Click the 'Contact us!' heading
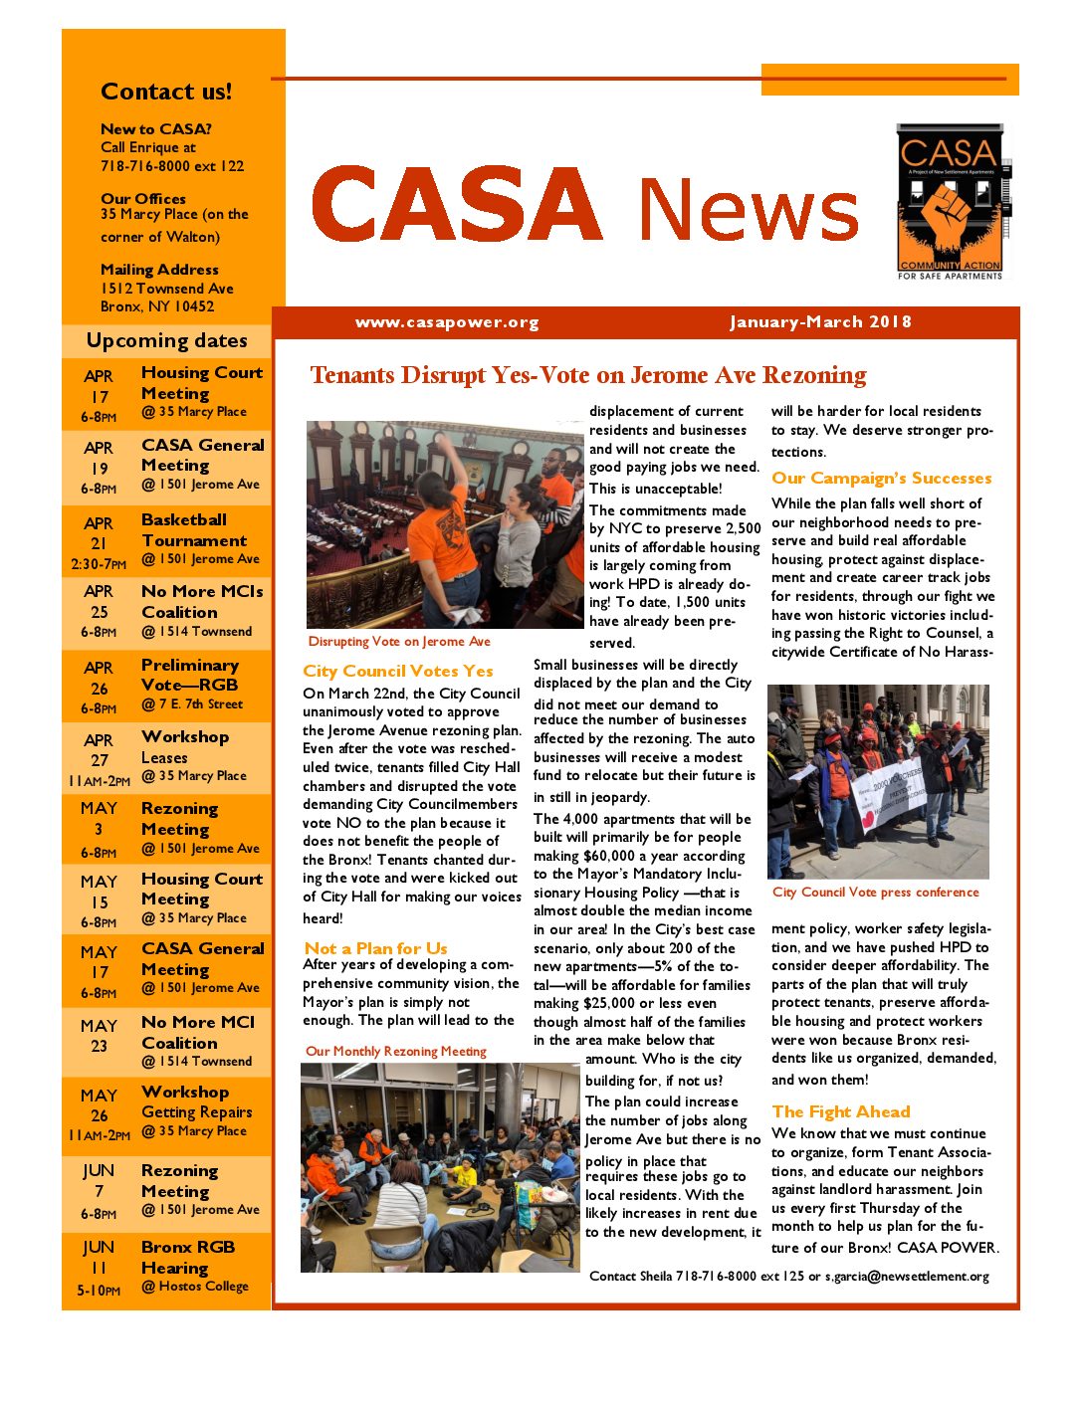coord(166,92)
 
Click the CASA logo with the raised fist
coord(949,201)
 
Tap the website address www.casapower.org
coord(447,322)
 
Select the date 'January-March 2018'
coord(820,322)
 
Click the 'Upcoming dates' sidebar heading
coord(166,340)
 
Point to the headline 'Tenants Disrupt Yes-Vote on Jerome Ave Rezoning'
coord(588,375)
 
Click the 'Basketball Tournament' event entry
coord(194,530)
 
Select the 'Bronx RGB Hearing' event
coord(188,1257)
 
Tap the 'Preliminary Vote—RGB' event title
coord(190,675)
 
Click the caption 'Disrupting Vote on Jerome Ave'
coord(399,642)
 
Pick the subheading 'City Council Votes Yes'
coord(398,671)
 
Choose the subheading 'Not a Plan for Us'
coord(375,948)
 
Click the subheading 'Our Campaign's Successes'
coord(881,478)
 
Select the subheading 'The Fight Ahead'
coord(841,1111)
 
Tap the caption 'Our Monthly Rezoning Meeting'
coord(396,1051)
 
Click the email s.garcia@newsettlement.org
coord(907,1277)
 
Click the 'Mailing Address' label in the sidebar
coord(159,270)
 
